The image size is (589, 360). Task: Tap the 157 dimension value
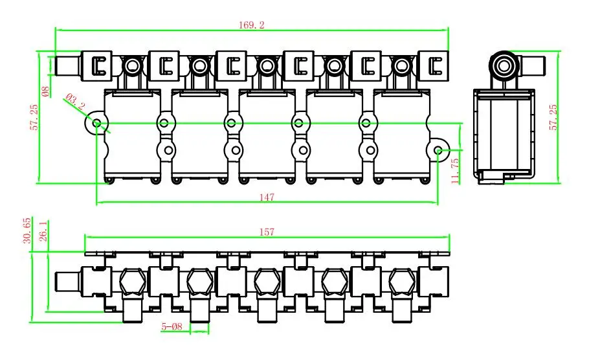(267, 231)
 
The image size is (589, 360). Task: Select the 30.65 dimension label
(27, 230)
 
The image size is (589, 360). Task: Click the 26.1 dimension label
(44, 232)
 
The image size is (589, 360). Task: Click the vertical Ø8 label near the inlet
(45, 91)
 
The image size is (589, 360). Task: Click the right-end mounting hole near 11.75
(439, 150)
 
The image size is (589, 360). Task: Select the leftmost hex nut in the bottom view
(131, 281)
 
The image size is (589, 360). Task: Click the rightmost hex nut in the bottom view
(401, 281)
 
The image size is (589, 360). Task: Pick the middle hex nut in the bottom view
(267, 281)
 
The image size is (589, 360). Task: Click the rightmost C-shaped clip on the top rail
(435, 65)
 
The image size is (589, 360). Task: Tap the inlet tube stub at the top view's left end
(67, 65)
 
